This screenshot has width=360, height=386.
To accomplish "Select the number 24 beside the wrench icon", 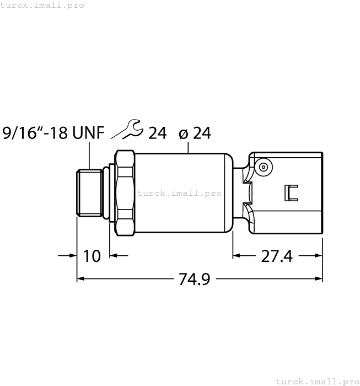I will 157,133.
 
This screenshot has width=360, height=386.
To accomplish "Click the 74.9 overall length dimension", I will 195,279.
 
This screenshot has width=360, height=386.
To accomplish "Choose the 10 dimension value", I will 92,256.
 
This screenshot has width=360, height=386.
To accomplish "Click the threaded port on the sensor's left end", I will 89,193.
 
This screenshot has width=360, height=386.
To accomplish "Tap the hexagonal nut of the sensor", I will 125,193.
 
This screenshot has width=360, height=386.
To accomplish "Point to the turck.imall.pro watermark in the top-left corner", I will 42,5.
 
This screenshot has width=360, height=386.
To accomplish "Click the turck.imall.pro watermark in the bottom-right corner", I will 317,381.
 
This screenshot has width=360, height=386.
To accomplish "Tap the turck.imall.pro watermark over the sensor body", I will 179,193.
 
